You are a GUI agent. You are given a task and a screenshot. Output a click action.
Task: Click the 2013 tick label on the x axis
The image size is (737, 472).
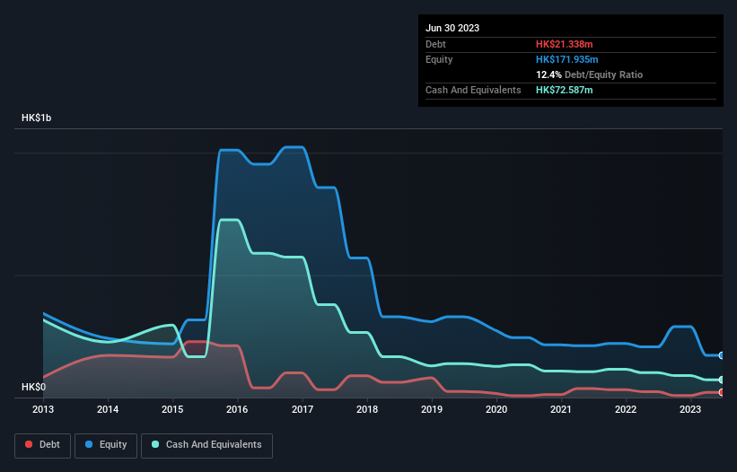click(43, 409)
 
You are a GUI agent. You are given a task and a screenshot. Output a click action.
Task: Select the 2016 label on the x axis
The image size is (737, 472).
click(238, 409)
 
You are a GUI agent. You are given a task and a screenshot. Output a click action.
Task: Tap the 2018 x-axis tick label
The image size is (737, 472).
click(367, 409)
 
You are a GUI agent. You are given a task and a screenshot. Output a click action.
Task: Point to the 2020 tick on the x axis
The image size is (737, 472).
click(496, 409)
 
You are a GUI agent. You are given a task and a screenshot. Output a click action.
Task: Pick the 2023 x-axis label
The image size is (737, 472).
click(690, 409)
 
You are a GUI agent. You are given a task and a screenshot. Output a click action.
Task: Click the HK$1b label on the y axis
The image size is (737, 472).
click(37, 118)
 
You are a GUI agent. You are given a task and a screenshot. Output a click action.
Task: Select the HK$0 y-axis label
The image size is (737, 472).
click(33, 387)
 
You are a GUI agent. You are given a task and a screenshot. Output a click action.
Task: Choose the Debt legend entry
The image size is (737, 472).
click(43, 444)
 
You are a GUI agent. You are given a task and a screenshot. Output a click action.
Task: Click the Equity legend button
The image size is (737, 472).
click(106, 444)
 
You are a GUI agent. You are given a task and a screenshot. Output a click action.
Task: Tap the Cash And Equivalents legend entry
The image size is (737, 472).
click(206, 444)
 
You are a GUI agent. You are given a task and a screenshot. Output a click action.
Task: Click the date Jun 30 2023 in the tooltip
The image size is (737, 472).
click(452, 28)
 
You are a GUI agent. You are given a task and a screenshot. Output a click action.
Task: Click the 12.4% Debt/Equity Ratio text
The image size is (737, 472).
click(589, 74)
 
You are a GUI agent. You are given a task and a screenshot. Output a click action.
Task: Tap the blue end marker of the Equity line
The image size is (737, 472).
click(722, 355)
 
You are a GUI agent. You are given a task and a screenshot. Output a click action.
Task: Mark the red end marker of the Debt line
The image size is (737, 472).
click(722, 392)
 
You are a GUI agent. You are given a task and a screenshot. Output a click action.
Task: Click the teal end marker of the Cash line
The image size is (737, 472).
click(722, 380)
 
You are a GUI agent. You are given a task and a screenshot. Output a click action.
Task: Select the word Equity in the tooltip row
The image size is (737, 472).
click(439, 59)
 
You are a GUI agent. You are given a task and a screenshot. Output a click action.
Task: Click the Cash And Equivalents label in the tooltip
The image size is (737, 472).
click(473, 90)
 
